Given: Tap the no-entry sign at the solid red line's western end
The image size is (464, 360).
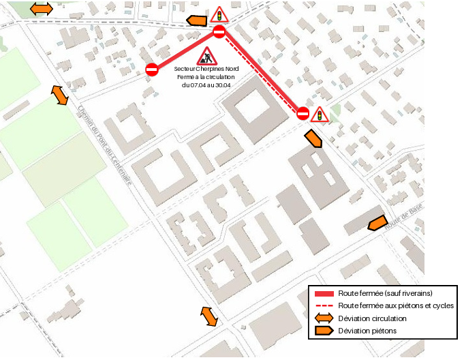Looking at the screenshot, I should [152, 69].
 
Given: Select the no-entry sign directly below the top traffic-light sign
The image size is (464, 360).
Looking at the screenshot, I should [219, 32].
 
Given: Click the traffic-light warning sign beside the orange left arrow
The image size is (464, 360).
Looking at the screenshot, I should [219, 14].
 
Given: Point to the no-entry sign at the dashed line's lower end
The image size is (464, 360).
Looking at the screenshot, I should [303, 113].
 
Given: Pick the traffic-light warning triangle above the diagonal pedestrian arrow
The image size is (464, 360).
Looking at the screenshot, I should [318, 115].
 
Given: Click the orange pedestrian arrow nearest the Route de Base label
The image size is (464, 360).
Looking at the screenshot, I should [377, 223].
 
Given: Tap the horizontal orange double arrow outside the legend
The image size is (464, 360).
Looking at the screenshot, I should [42, 8].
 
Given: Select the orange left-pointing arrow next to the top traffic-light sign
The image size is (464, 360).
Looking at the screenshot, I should [196, 20].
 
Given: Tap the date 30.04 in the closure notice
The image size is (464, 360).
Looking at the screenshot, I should [223, 85].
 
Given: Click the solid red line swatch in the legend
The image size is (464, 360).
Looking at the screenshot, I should [324, 293].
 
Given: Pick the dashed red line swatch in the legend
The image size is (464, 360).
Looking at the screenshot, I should [324, 305].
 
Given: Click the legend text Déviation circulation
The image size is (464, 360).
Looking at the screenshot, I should [372, 318].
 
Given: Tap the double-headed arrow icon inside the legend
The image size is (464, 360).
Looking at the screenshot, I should [324, 318].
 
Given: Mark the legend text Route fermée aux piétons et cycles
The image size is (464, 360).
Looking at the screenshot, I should [396, 305].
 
